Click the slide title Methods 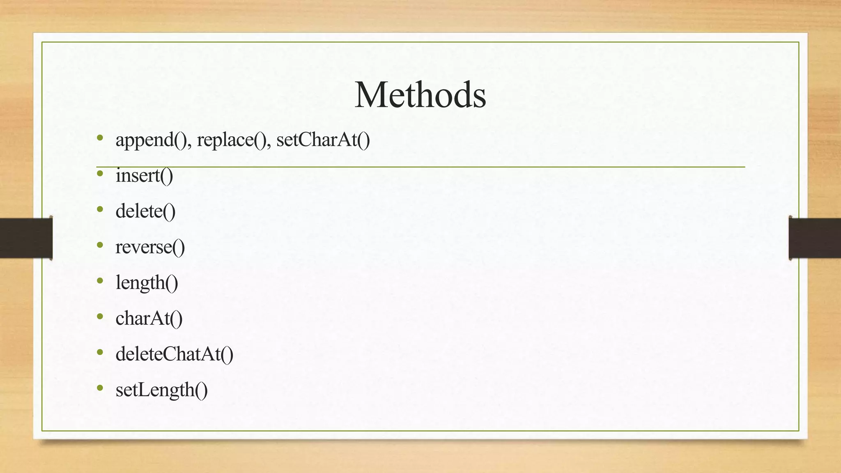tap(420, 95)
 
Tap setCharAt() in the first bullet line tap(323, 140)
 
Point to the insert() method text tap(144, 176)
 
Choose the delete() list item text tap(145, 211)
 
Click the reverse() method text tap(150, 247)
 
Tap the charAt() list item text tap(149, 319)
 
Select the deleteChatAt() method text tap(174, 354)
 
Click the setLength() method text tap(161, 390)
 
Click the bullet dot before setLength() tap(100, 388)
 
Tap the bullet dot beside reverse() tap(100, 245)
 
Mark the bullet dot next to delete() tap(100, 209)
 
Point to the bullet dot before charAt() tap(100, 317)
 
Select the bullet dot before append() tap(100, 138)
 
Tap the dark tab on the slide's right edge tap(815, 238)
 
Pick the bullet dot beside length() tap(100, 281)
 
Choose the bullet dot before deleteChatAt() tap(100, 352)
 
